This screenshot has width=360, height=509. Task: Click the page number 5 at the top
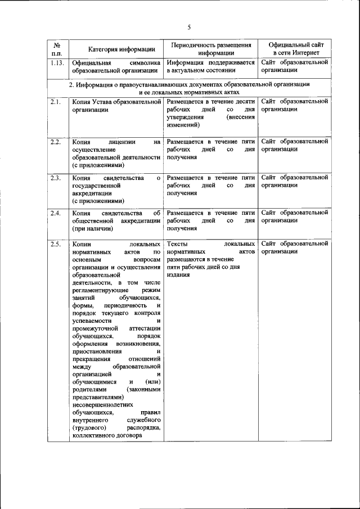coord(190,27)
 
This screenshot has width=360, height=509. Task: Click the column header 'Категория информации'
coord(117,49)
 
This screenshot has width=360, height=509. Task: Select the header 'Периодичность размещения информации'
coord(211,48)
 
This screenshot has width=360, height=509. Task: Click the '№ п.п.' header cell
coord(57,48)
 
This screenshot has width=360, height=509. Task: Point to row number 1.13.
coord(56,63)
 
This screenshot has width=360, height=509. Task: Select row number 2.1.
coord(55,102)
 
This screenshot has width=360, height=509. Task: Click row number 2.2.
coord(55,142)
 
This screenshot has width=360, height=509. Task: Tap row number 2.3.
coord(55,178)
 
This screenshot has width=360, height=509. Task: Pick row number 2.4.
coord(55,214)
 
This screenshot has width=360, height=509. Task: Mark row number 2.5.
coord(55,244)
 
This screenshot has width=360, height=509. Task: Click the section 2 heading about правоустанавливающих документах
coord(189,88)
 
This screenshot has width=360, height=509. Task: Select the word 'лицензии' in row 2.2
coord(119,142)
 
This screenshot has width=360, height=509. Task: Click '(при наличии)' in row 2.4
coord(92,229)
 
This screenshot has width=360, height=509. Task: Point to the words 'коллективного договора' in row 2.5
coord(107,435)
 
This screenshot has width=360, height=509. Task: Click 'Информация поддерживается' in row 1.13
coord(211,63)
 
